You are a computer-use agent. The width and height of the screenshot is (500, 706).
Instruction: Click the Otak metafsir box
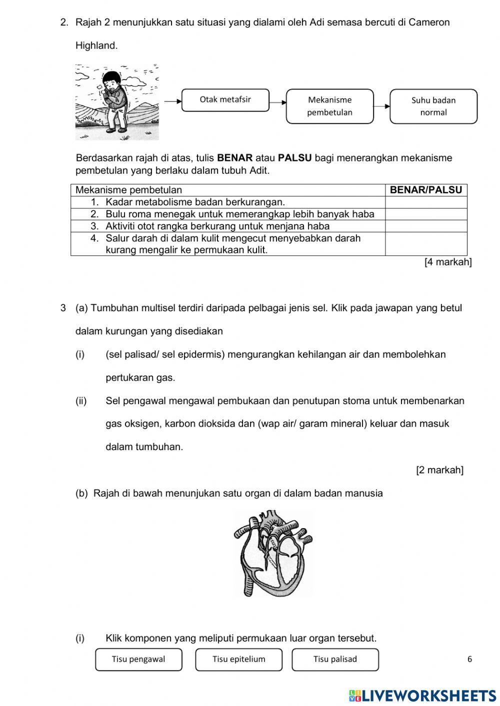pyautogui.click(x=225, y=100)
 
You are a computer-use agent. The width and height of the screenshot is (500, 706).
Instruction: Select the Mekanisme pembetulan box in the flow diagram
pyautogui.click(x=329, y=106)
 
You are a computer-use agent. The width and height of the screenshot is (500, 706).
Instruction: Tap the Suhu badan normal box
pyautogui.click(x=433, y=106)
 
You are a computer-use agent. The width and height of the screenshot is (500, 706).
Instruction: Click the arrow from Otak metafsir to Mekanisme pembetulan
pyautogui.click(x=277, y=102)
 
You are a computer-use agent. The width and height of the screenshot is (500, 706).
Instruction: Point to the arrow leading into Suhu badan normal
pyautogui.click(x=381, y=106)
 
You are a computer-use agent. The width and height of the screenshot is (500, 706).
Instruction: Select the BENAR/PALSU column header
pyautogui.click(x=425, y=190)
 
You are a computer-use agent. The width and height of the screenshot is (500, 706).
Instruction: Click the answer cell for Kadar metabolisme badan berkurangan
pyautogui.click(x=425, y=202)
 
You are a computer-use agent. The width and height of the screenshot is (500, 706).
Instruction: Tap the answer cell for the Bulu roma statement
pyautogui.click(x=425, y=214)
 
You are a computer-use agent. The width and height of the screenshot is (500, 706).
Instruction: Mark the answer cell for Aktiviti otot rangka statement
pyautogui.click(x=425, y=226)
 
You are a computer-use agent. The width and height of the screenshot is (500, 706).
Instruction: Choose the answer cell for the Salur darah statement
pyautogui.click(x=425, y=244)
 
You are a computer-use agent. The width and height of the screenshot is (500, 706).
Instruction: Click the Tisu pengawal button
pyautogui.click(x=138, y=659)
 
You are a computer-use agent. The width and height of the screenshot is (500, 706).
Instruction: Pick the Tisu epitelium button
pyautogui.click(x=238, y=659)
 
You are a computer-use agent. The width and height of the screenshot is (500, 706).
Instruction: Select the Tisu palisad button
pyautogui.click(x=335, y=659)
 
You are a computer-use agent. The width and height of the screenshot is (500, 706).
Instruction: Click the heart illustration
pyautogui.click(x=272, y=553)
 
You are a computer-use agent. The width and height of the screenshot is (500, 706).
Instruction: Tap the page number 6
pyautogui.click(x=469, y=659)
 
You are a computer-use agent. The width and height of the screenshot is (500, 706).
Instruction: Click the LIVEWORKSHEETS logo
pyautogui.click(x=422, y=696)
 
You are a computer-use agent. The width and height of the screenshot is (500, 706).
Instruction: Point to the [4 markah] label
pyautogui.click(x=447, y=262)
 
